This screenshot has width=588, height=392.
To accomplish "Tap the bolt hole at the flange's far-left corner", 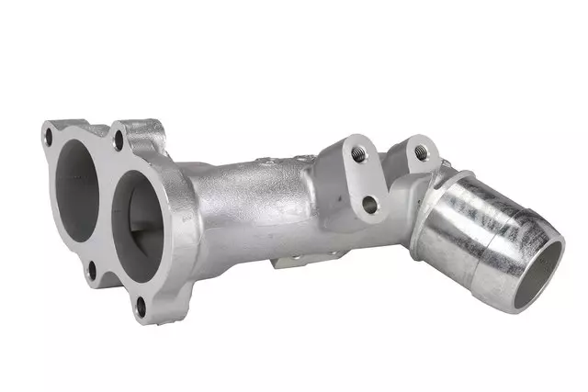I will [x=48, y=139].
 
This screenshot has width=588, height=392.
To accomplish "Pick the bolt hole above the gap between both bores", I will [x=119, y=142].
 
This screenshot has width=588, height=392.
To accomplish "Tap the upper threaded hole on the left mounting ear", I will [x=358, y=154].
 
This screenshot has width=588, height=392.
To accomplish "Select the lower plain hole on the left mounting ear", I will [x=369, y=204].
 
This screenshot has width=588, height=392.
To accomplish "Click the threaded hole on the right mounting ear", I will [x=421, y=152].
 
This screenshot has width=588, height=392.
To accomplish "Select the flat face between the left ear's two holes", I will [x=363, y=179].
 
